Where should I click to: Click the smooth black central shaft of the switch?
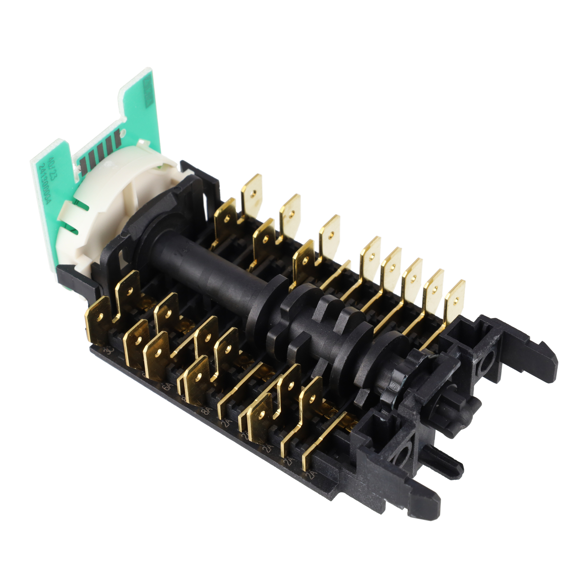click(206, 272)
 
